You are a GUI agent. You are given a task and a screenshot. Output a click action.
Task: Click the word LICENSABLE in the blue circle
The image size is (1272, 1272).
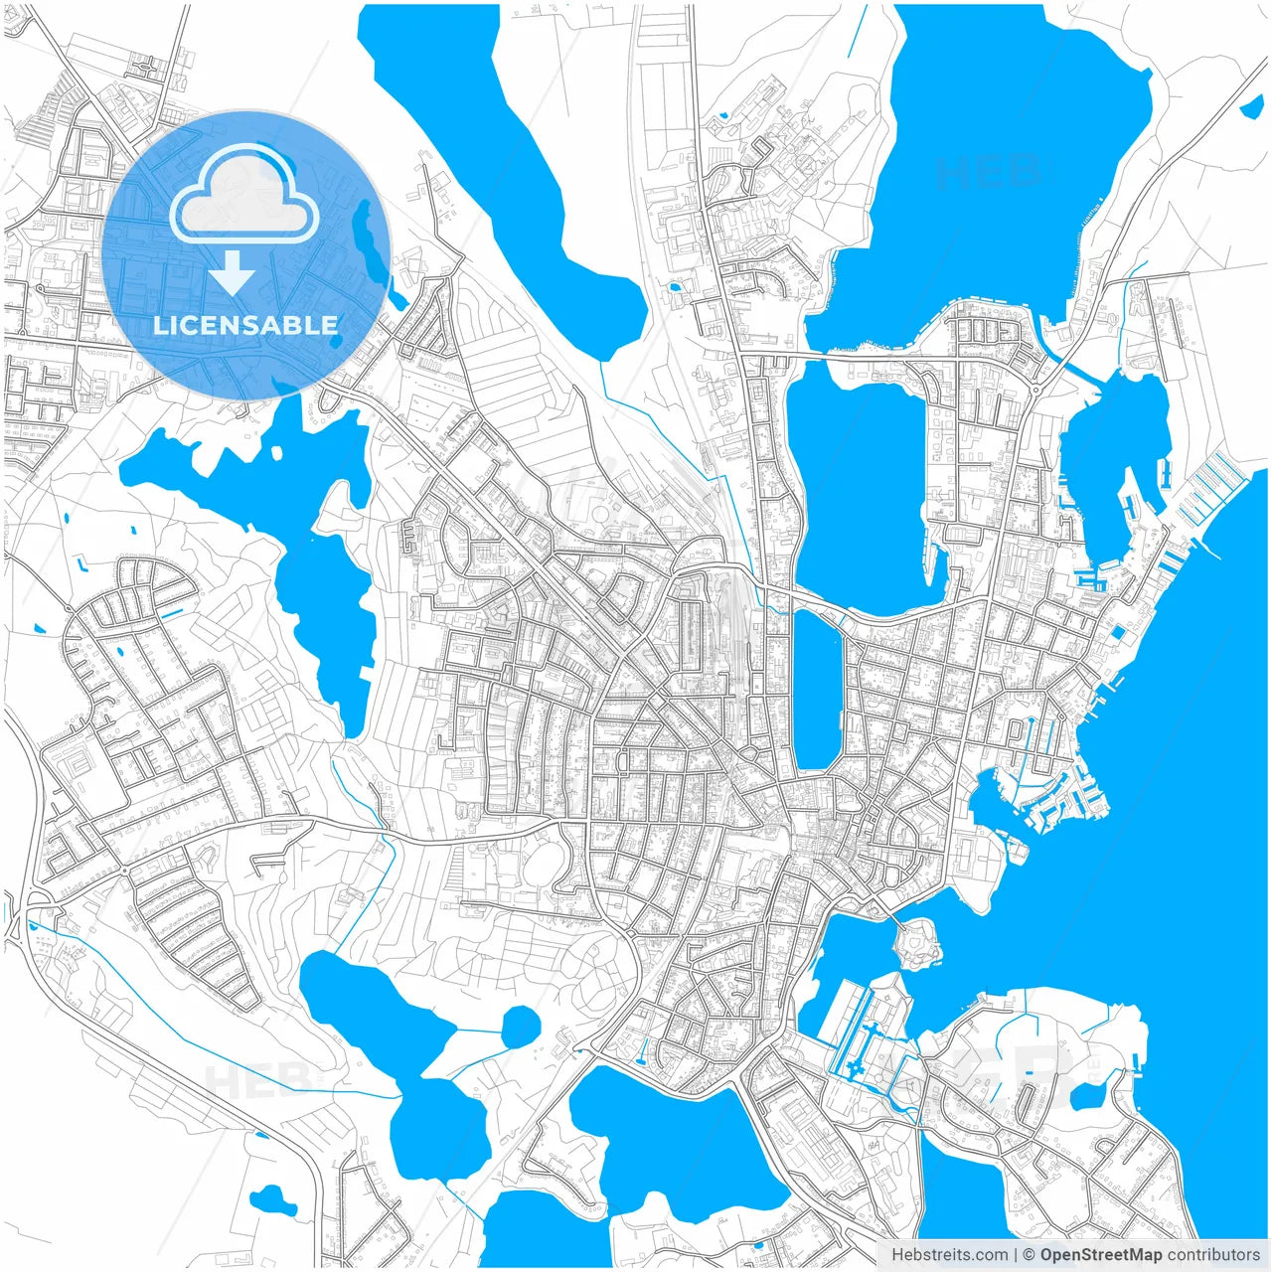[245, 325]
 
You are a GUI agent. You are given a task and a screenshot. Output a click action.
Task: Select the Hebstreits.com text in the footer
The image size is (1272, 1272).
[949, 1255]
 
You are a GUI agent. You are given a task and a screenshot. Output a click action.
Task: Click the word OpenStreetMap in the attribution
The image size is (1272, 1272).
[1100, 1255]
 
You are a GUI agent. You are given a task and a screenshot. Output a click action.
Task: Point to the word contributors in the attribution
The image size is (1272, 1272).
[1213, 1255]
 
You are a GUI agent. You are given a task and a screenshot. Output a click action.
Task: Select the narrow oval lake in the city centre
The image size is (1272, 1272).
[817, 691]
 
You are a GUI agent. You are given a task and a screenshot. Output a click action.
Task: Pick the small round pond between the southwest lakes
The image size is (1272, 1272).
[520, 1026]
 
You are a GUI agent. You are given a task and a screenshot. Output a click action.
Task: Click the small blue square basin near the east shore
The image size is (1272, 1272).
[1120, 632]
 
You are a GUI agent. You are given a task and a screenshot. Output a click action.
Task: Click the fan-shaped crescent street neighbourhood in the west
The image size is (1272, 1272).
[139, 586]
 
